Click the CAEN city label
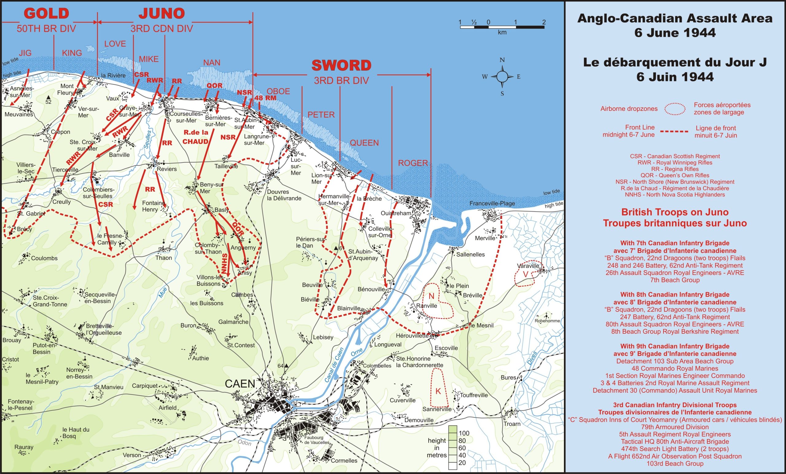(240, 384)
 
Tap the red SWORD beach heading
(341, 66)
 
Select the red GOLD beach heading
(47, 14)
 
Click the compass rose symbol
(502, 76)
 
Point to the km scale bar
(502, 27)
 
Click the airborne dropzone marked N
(432, 296)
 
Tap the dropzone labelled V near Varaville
(525, 274)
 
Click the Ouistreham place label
(396, 213)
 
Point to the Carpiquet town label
(145, 386)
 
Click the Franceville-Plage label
(492, 204)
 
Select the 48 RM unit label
(265, 98)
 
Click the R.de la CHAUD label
(196, 137)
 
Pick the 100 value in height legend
(464, 433)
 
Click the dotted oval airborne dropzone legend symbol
(675, 109)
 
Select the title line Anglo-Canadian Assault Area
(675, 18)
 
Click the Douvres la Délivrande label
(284, 195)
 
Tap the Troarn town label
(512, 424)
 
